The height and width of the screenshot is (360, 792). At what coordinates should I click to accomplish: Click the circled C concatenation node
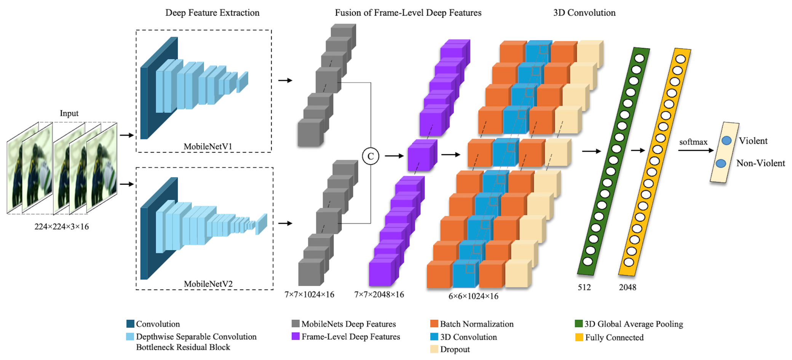coord(370,156)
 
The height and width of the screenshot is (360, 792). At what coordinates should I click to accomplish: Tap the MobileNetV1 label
coord(208,147)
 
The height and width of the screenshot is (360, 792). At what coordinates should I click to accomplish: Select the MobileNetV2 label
coord(208,284)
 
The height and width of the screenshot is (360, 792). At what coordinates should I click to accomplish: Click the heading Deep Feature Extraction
coord(212,13)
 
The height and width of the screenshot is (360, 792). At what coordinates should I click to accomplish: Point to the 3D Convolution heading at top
coord(584,13)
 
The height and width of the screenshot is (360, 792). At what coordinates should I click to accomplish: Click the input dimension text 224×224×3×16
coord(62,227)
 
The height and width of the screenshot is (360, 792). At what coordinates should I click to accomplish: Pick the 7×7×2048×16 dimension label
coord(379,294)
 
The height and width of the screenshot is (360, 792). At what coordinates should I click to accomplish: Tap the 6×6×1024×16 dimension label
coord(473,296)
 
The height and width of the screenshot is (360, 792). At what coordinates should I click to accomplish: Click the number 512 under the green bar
coord(584,287)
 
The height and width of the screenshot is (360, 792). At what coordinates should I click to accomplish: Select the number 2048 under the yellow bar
coord(628,287)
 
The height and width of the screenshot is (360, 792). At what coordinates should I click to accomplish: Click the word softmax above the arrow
coord(693,142)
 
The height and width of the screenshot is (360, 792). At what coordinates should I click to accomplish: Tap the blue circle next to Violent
coord(727,141)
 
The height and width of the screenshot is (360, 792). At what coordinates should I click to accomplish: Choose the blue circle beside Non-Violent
coord(721,163)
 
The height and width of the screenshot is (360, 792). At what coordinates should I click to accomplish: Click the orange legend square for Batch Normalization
coord(434,324)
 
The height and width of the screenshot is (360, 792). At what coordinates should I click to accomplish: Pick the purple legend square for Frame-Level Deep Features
coord(295,336)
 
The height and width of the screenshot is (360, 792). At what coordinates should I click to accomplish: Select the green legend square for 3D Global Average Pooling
coord(579,324)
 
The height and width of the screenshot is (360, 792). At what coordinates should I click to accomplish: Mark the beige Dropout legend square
coord(434,349)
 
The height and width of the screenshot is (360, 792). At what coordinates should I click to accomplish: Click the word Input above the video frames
coord(69,113)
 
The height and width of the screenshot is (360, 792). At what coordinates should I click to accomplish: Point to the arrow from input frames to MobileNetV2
coord(127,184)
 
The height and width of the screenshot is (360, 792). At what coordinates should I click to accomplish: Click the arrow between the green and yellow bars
coord(638,150)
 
